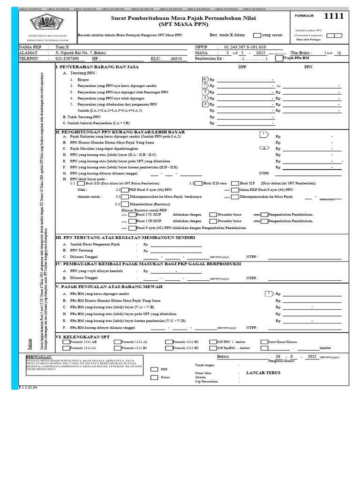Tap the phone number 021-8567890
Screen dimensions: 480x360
pos(67,59)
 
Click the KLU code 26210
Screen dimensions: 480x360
pos(176,59)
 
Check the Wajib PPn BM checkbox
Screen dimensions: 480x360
pos(279,59)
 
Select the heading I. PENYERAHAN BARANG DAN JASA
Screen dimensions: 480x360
pos(90,67)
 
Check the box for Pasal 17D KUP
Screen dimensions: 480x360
pos(132,221)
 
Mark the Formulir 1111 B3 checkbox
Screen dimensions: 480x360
pos(169,348)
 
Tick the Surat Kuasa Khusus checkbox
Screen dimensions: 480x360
pos(264,342)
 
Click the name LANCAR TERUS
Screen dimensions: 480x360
pos(263,373)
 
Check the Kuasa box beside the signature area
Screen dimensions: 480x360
pos(154,377)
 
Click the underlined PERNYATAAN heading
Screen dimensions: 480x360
pos(38,356)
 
